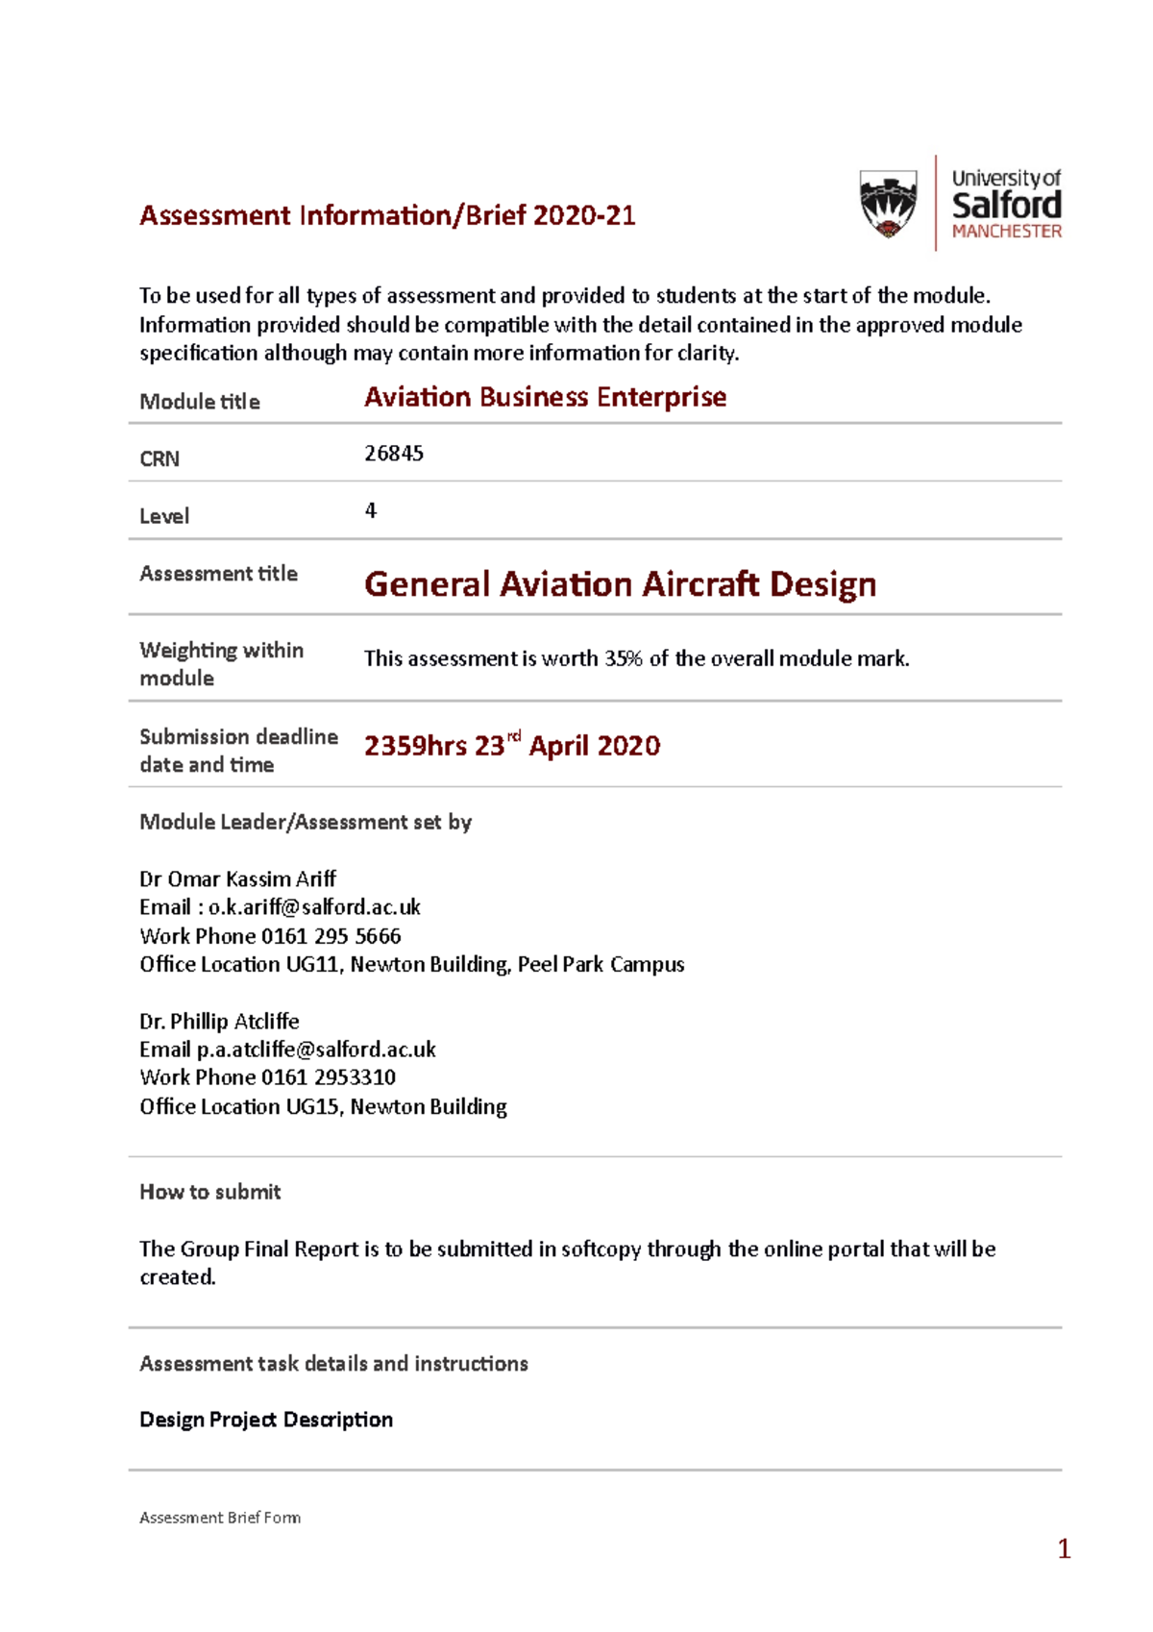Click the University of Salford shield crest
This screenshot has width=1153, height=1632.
click(888, 203)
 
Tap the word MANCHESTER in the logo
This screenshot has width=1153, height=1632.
click(1006, 232)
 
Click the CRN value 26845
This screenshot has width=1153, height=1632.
click(394, 454)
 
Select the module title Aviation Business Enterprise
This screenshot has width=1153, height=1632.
click(545, 397)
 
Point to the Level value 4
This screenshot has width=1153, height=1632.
click(371, 510)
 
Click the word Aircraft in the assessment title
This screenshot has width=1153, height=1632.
click(700, 584)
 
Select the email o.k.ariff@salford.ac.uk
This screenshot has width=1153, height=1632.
click(314, 907)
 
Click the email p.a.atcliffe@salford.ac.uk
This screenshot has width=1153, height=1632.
click(316, 1050)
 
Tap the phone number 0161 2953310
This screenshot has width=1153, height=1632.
click(329, 1077)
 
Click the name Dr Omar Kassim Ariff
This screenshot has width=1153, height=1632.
click(237, 879)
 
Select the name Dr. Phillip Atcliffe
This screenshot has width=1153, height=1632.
click(219, 1022)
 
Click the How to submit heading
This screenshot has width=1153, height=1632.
click(210, 1192)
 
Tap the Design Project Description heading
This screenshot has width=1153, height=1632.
click(266, 1420)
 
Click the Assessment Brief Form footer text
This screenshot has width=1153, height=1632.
click(220, 1518)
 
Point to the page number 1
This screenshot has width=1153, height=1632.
click(1064, 1548)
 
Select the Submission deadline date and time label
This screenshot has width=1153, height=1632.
click(238, 751)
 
